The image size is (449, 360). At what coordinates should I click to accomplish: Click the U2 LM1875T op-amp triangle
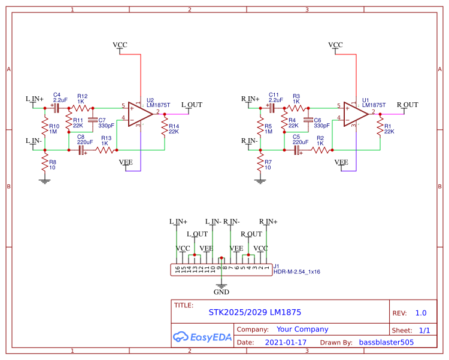pos(139,112)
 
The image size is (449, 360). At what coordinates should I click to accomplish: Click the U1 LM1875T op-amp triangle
pos(355,112)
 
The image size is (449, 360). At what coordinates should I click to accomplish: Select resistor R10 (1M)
pos(44,127)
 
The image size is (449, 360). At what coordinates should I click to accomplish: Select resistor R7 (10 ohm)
pos(260,163)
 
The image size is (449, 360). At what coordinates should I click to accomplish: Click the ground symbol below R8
pos(44,181)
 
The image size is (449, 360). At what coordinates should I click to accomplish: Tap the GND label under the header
pos(222,292)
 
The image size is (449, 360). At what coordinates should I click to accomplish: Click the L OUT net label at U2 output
pos(192,105)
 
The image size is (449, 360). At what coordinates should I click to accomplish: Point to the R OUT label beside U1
pos(407,105)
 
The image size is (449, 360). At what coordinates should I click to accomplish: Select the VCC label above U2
pos(120,45)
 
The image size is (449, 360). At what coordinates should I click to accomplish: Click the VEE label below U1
pos(341,162)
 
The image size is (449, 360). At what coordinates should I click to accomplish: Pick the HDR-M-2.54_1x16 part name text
pos(297,272)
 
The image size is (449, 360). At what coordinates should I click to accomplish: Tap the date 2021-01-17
pos(286,343)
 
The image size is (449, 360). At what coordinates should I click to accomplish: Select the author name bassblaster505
pos(386,343)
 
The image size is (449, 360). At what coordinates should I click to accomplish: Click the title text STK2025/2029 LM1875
pos(254,312)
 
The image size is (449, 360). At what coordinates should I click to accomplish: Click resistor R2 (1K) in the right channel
pos(320,151)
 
